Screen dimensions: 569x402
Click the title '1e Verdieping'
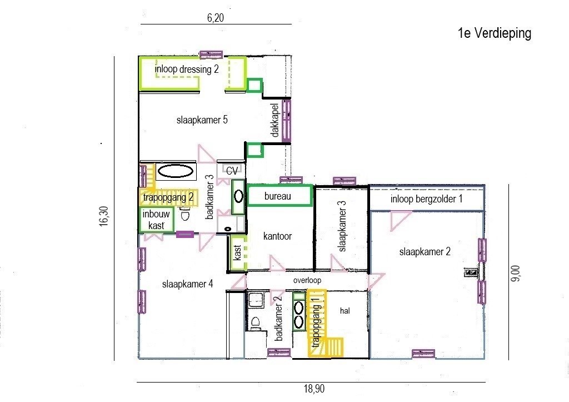pyautogui.click(x=495, y=33)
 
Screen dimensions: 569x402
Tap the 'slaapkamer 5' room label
pyautogui.click(x=202, y=120)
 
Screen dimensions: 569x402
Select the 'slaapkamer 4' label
pyautogui.click(x=188, y=284)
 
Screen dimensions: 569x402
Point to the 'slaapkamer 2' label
pyautogui.click(x=425, y=252)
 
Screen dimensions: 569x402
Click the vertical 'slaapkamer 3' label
pyautogui.click(x=342, y=226)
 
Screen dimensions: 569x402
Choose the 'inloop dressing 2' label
pyautogui.click(x=187, y=69)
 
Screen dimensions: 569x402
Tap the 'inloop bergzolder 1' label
pyautogui.click(x=426, y=199)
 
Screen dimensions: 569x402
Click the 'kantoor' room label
pyautogui.click(x=278, y=236)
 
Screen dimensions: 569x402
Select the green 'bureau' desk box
pyautogui.click(x=279, y=196)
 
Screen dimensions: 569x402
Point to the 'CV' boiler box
pyautogui.click(x=232, y=170)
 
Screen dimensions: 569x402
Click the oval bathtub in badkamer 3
pyautogui.click(x=176, y=171)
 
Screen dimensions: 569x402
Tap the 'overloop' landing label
pyautogui.click(x=307, y=280)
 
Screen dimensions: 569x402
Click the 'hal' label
pyautogui.click(x=345, y=310)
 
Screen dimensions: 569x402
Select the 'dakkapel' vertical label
pyautogui.click(x=274, y=121)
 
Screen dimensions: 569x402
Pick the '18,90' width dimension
pyautogui.click(x=315, y=389)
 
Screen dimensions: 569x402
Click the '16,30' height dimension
pyautogui.click(x=104, y=216)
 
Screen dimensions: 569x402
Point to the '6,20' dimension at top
pyautogui.click(x=216, y=17)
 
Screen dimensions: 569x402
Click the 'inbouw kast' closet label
pyautogui.click(x=156, y=220)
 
